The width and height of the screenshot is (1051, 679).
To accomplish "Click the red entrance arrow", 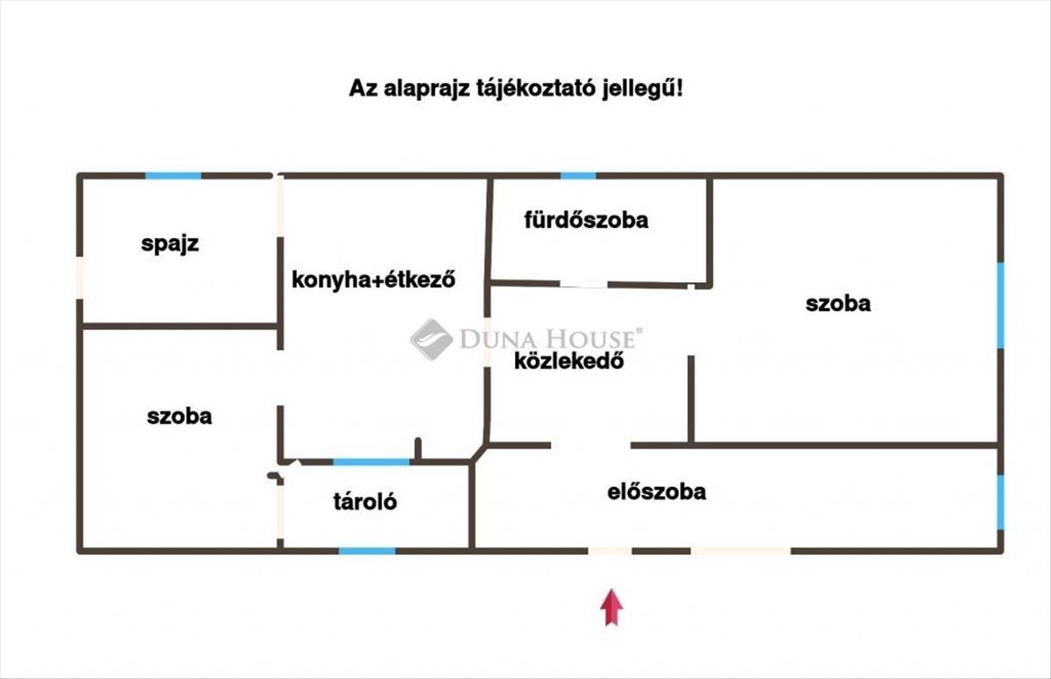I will [x=611, y=607].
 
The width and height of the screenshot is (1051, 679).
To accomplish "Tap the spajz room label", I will [x=170, y=244].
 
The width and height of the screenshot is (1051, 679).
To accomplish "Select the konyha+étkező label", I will [x=374, y=280].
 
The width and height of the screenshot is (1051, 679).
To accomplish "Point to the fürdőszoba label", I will [x=586, y=219].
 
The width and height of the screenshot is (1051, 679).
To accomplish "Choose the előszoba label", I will [x=656, y=492].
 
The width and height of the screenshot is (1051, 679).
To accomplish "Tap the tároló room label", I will [x=364, y=502].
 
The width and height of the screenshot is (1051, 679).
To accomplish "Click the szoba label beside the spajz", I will [x=180, y=416].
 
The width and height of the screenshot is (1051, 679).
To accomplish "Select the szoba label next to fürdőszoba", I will [x=838, y=303].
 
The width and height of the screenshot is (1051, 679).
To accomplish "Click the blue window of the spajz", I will [x=173, y=176].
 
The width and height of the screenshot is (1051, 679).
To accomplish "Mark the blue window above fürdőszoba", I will [x=578, y=176].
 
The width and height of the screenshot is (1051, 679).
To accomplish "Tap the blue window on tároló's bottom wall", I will [x=367, y=550].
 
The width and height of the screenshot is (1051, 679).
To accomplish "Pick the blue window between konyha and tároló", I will [x=371, y=462].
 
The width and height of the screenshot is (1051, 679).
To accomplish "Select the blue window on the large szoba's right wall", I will [x=1000, y=305].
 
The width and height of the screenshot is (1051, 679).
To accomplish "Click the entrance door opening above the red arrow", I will [x=610, y=550].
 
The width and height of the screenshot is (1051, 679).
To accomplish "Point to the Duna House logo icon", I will [x=431, y=340].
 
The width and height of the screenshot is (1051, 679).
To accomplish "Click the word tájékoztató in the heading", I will [x=527, y=89].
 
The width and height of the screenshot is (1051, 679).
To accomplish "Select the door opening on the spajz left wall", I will [x=80, y=278].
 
